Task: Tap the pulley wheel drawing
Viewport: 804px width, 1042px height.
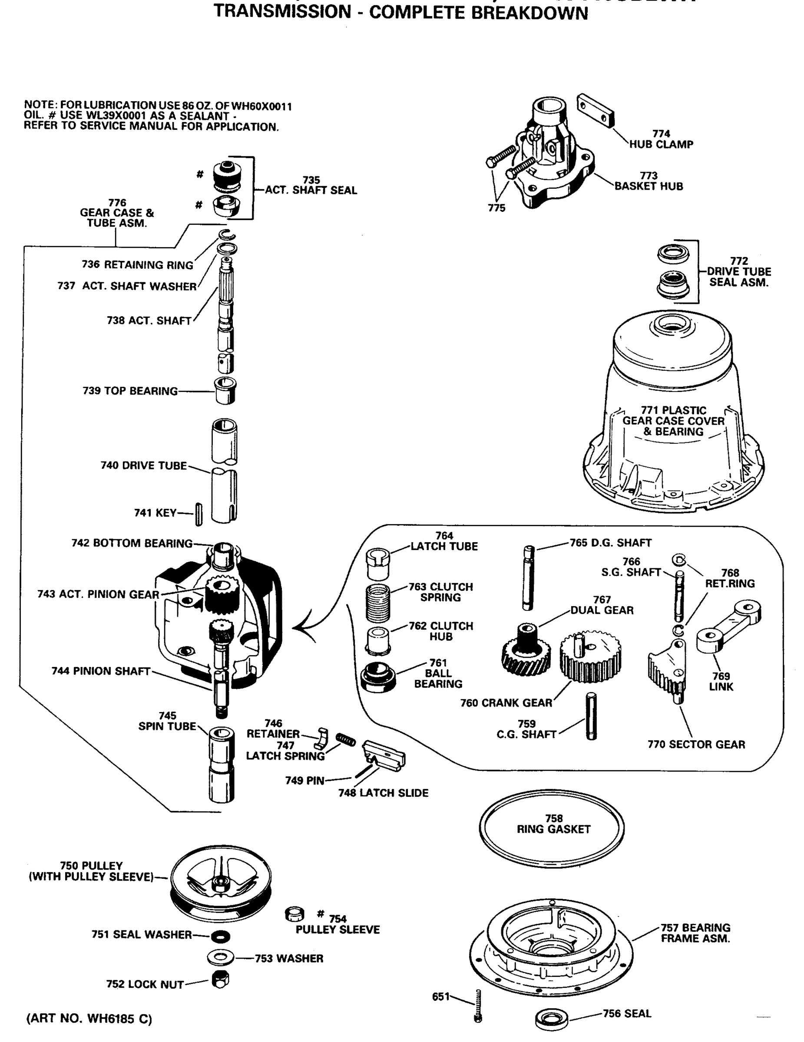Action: click(x=220, y=882)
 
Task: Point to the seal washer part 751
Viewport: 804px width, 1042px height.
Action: click(x=220, y=936)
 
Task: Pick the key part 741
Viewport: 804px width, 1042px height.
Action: click(x=199, y=514)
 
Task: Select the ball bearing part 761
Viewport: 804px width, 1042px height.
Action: click(x=378, y=677)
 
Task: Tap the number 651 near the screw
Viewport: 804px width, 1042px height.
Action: click(x=441, y=996)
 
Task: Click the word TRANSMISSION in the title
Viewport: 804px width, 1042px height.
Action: click(x=282, y=11)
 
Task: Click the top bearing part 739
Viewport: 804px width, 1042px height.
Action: click(x=225, y=390)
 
